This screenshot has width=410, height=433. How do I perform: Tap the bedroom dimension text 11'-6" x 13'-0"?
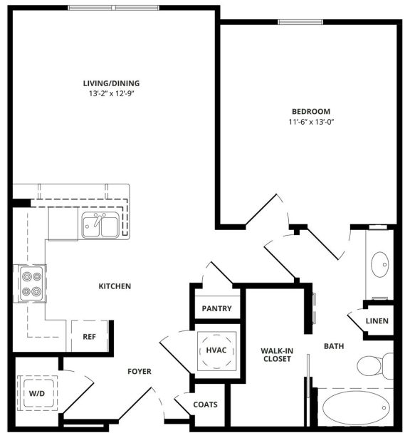[311, 122]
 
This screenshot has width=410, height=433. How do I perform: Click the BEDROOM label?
[311, 111]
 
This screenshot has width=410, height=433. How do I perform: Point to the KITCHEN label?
[114, 286]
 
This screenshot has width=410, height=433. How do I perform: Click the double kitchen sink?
[100, 226]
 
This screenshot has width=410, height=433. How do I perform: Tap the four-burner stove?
[31, 283]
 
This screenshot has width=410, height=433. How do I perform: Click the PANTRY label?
[216, 308]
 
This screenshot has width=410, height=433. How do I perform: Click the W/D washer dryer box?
[35, 393]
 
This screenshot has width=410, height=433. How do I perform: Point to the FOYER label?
[139, 371]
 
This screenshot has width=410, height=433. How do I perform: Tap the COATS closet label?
[205, 405]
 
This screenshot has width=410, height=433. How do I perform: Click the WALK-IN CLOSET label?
[276, 354]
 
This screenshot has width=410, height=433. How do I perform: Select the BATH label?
[334, 347]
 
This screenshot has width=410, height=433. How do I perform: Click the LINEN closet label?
[377, 320]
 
